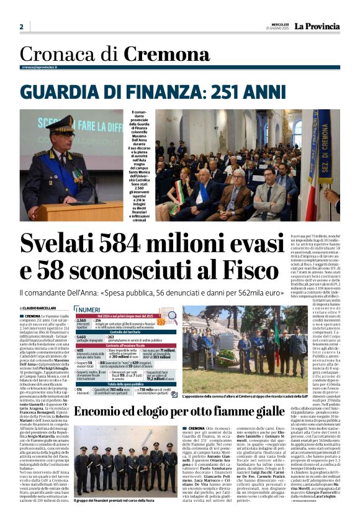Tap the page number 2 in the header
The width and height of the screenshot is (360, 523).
coord(21,27)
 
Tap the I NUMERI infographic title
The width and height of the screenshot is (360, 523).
coord(88,309)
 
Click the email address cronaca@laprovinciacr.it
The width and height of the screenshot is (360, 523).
coord(39,67)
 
